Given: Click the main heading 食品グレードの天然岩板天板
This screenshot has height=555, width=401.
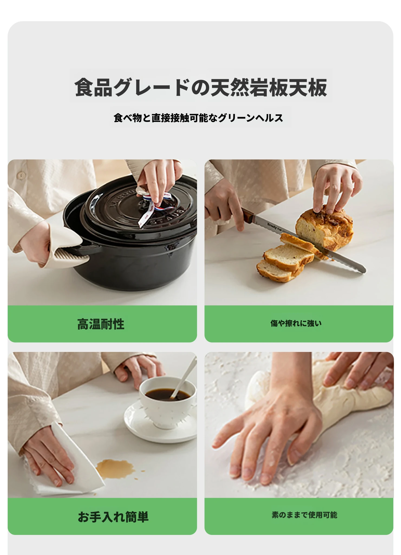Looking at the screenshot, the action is point(201,87).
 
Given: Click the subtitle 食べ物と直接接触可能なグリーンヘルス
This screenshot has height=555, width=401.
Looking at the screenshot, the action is point(198,118).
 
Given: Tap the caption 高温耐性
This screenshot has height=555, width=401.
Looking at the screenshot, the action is point(101,324).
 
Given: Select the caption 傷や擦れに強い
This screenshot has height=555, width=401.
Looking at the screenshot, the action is point(296,323).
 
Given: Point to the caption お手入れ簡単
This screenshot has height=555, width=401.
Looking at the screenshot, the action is point(113,517).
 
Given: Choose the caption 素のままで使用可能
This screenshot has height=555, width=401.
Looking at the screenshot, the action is point(304,515).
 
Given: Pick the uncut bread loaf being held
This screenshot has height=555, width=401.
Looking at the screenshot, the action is point(325,228).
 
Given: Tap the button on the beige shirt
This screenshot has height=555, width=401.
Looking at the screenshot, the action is point(21,176).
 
